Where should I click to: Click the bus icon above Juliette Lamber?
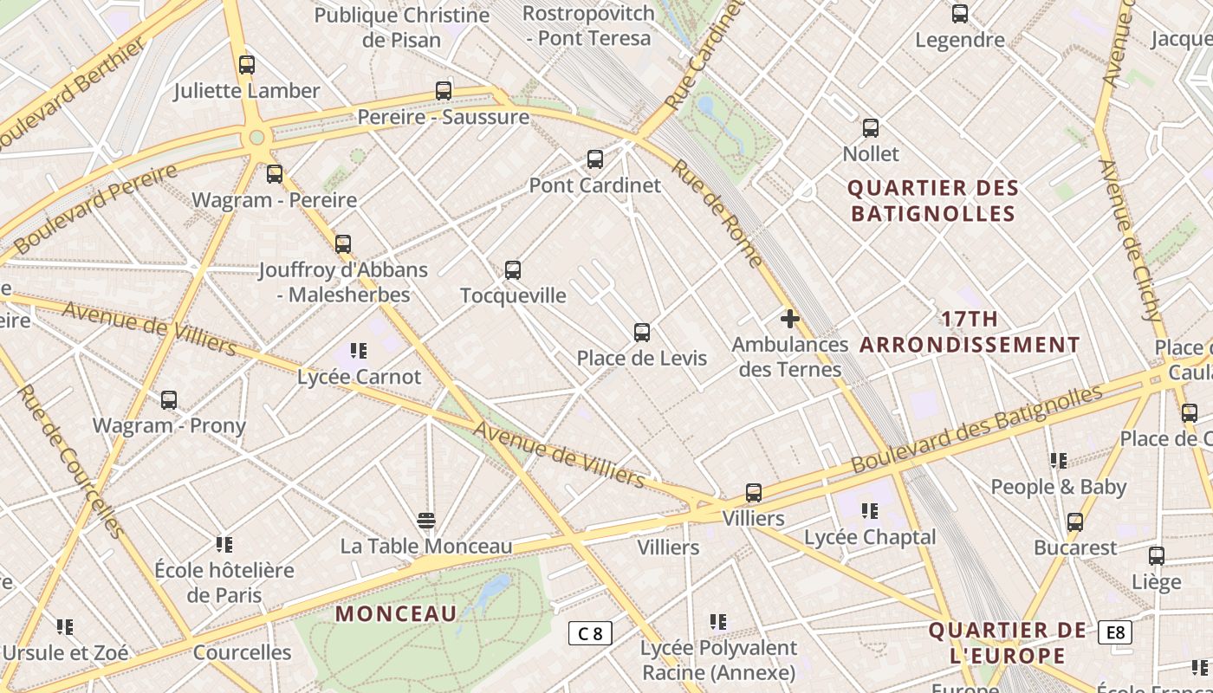[247, 64]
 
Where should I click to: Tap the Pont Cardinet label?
[594, 185]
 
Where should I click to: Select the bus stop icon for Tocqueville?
[513, 270]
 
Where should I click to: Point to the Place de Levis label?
[642, 359]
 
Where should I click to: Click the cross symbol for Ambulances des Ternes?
[789, 319]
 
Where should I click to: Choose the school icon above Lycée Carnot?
[359, 351]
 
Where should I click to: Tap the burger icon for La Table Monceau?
[425, 520]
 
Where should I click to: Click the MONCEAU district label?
[396, 614]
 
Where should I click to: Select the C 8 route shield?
[590, 633]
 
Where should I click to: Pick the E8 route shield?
[1115, 632]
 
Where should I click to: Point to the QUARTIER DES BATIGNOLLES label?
[932, 201]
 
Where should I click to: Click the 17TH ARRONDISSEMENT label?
[970, 332]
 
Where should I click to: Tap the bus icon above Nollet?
[871, 128]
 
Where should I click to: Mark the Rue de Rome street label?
[717, 213]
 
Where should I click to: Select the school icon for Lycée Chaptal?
[870, 511]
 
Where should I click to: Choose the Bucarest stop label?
[1075, 548]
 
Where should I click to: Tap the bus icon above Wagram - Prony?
[169, 400]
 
